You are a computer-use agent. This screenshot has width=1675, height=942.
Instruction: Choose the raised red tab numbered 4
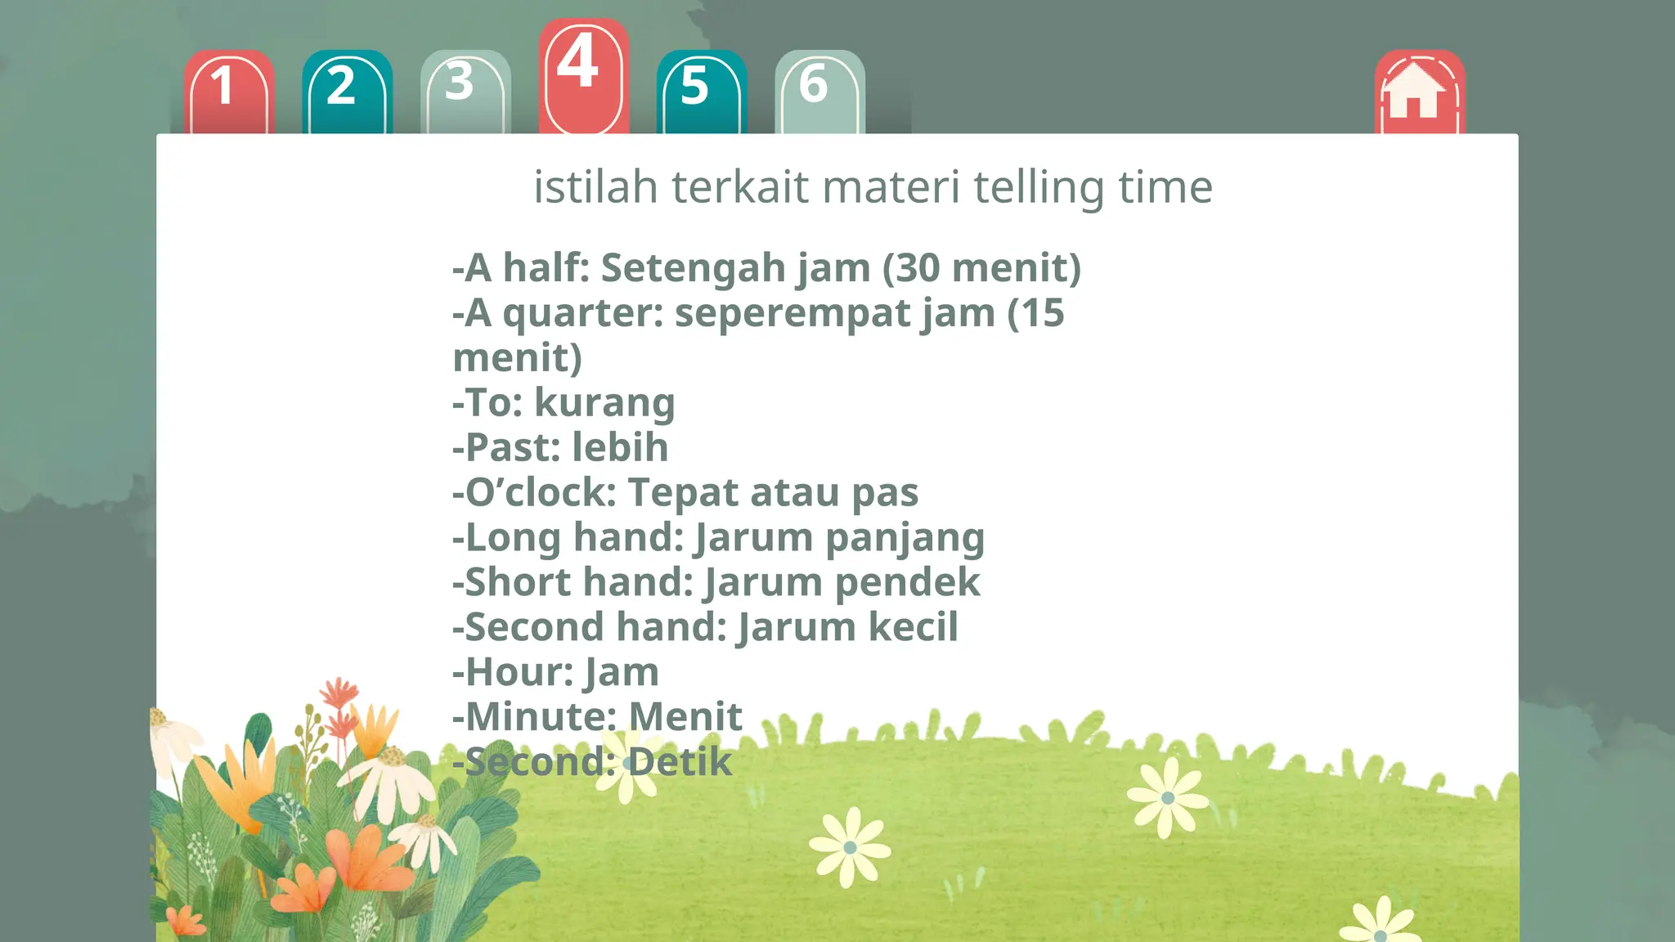583,75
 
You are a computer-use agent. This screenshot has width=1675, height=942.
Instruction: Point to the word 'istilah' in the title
595,186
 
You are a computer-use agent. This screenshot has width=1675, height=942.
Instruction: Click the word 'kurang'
604,403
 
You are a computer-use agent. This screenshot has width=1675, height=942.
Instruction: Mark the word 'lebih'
619,447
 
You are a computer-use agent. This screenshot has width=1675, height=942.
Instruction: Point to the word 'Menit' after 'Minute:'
685,717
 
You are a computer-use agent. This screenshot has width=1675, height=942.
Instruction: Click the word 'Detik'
680,762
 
